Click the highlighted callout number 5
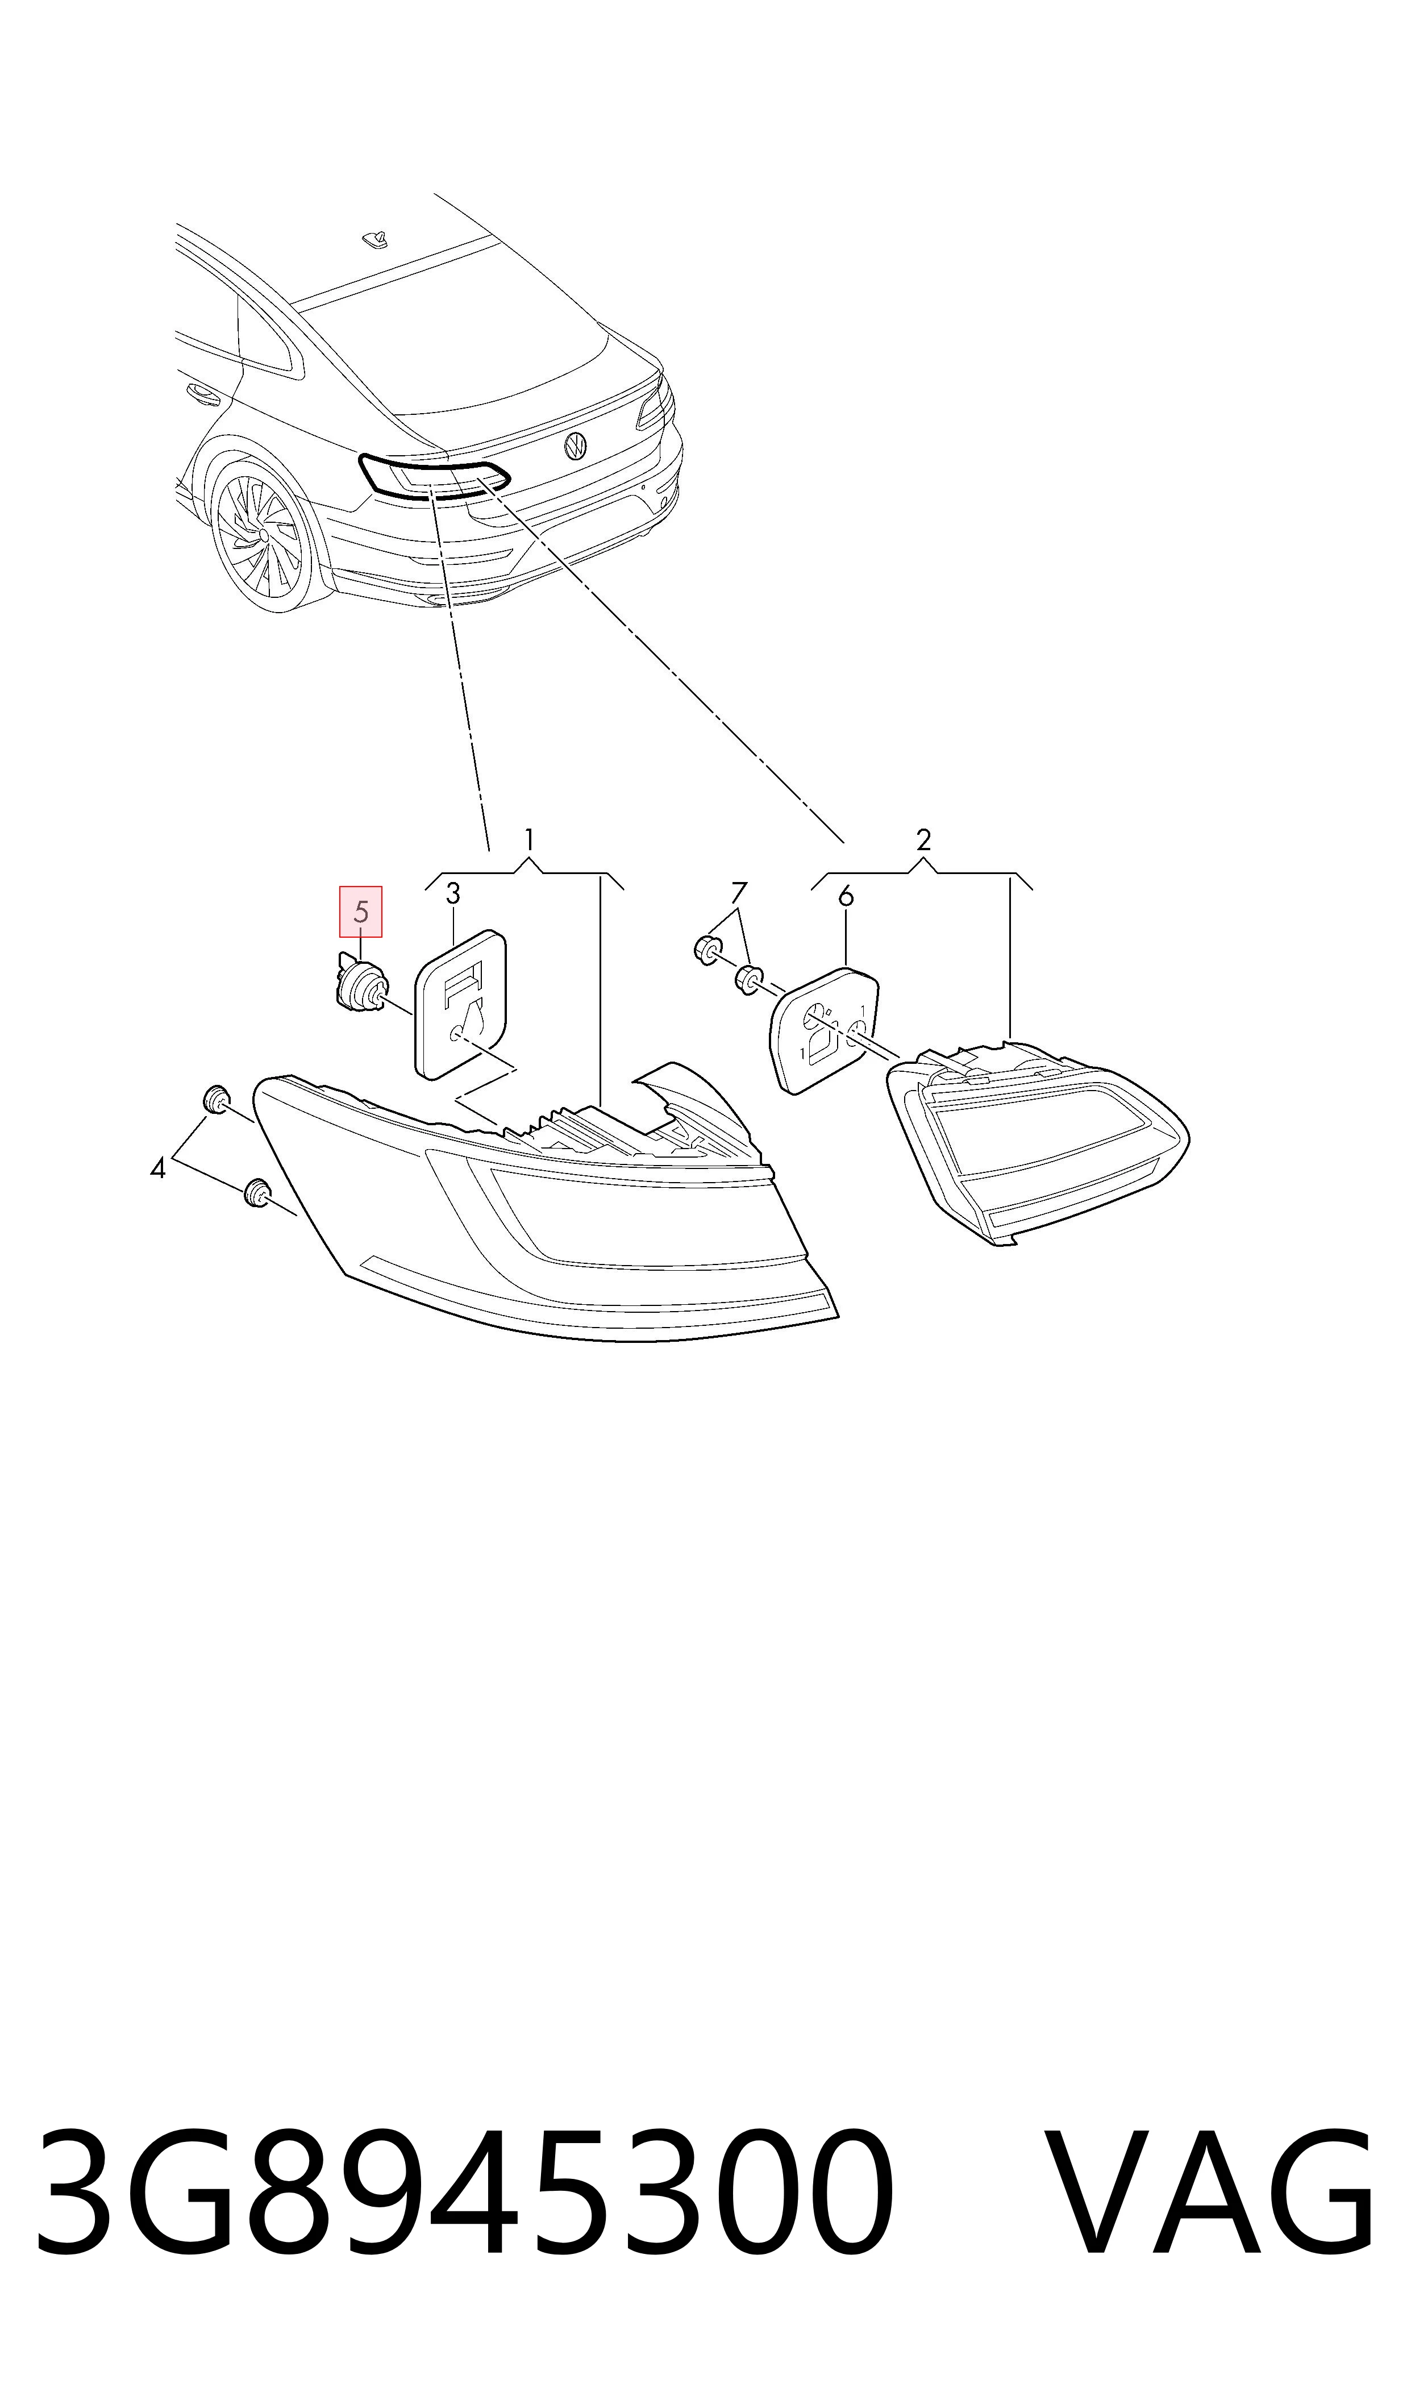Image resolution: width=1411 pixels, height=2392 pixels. pos(361,912)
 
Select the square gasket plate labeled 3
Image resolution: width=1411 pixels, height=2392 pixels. pos(460,1005)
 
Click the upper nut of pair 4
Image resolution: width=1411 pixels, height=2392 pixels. pos(216,1099)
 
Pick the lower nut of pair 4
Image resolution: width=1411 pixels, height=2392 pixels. pos(256,1193)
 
